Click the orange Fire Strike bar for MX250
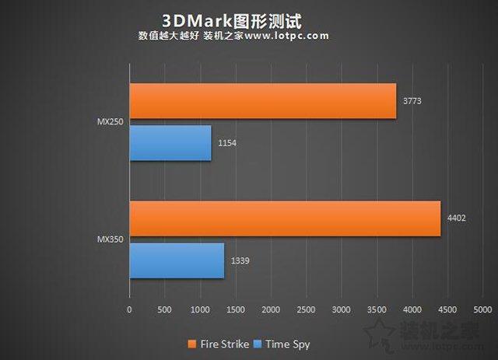262,100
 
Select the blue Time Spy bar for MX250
170,143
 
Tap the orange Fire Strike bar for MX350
285,218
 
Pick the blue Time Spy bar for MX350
177,260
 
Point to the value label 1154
228,144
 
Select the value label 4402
458,218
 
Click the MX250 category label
109,121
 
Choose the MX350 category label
109,239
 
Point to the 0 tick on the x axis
129,309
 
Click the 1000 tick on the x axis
200,309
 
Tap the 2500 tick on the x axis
306,309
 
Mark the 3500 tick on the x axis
377,309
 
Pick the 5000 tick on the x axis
482,309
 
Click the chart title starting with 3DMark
231,18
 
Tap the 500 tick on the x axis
164,309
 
